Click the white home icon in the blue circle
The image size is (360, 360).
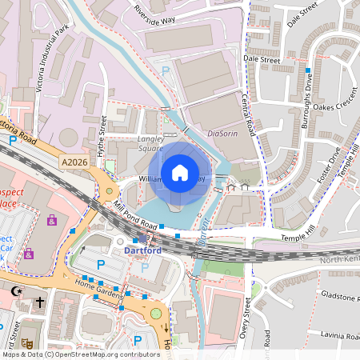pos(180,172)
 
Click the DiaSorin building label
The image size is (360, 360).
pos(223,134)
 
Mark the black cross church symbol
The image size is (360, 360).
pos(39,305)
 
